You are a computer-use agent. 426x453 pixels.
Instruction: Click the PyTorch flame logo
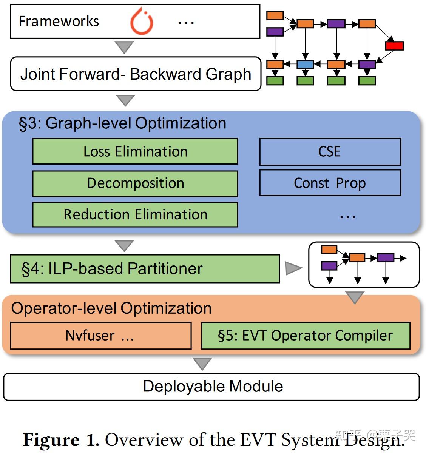(x=142, y=22)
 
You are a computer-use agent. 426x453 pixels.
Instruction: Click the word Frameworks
(x=59, y=22)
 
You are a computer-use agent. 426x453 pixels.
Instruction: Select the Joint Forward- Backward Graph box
(x=136, y=74)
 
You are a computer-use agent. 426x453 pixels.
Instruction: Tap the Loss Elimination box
(x=135, y=151)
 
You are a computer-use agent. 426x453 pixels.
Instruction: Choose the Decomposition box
(x=135, y=183)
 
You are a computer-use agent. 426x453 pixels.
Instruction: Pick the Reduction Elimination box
(x=135, y=214)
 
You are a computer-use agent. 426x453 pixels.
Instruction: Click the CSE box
(x=330, y=152)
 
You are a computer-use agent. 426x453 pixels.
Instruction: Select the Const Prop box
(x=330, y=183)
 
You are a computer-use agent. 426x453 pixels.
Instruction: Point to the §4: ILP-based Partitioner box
(x=145, y=269)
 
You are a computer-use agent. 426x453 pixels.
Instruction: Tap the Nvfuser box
(x=100, y=336)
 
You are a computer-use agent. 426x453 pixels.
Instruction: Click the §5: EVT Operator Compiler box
(x=306, y=336)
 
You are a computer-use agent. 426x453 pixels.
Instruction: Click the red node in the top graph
(x=394, y=46)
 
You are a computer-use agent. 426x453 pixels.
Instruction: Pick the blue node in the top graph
(x=305, y=65)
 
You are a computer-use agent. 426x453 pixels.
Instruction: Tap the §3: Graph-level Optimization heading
(x=123, y=123)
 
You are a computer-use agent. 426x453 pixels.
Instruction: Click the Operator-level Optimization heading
(x=111, y=308)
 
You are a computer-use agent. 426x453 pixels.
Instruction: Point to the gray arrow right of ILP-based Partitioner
(x=293, y=268)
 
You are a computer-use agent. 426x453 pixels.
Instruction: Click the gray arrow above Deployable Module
(x=202, y=364)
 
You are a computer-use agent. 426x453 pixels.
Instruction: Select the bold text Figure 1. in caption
(x=61, y=440)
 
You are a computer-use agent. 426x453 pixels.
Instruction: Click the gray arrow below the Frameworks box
(x=124, y=47)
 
